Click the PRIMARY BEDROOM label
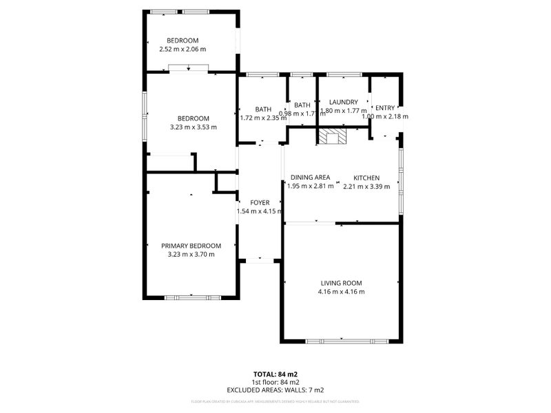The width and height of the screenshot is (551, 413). pyautogui.click(x=191, y=246)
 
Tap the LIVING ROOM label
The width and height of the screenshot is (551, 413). pyautogui.click(x=341, y=283)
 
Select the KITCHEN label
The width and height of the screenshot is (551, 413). pyautogui.click(x=366, y=178)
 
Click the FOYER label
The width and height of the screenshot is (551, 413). pyautogui.click(x=260, y=202)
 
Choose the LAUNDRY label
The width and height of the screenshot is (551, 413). pyautogui.click(x=344, y=102)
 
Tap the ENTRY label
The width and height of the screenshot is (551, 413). pyautogui.click(x=385, y=107)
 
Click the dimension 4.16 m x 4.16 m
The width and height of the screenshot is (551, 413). pyautogui.click(x=341, y=292)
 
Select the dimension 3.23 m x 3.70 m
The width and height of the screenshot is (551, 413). pyautogui.click(x=191, y=255)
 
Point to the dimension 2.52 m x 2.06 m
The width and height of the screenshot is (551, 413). pyautogui.click(x=183, y=49)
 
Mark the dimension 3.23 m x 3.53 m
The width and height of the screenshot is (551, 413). pyautogui.click(x=193, y=127)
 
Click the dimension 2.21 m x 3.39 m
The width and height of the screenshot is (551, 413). pyautogui.click(x=366, y=186)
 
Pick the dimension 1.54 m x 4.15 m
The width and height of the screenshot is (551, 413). pyautogui.click(x=260, y=211)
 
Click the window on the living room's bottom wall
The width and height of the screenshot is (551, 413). pyautogui.click(x=342, y=341)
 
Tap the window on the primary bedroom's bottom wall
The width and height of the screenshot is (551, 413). pyautogui.click(x=191, y=297)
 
